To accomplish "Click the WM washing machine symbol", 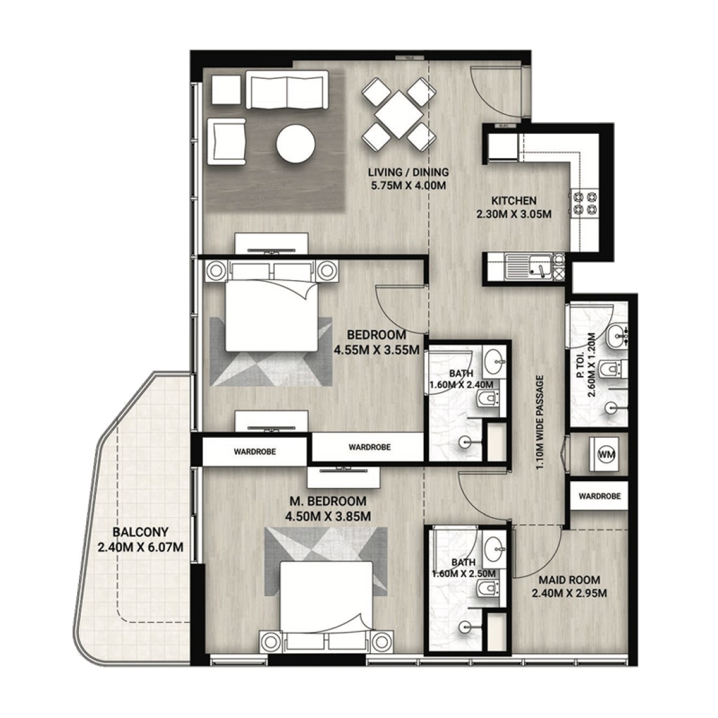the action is pos(606,454).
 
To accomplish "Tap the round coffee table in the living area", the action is pos(296,144).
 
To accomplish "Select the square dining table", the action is pos(398,114).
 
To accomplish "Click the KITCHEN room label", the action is pos(514,200).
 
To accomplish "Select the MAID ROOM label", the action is pos(569,580).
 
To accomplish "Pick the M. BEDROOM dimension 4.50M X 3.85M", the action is pos(328,516).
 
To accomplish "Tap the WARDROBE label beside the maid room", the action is pos(599,496).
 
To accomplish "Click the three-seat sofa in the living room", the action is pos(287,89).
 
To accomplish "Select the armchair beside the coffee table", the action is pos(226,141).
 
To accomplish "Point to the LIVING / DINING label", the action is pos(409,172).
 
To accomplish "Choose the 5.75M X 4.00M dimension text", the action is pos(409,185).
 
